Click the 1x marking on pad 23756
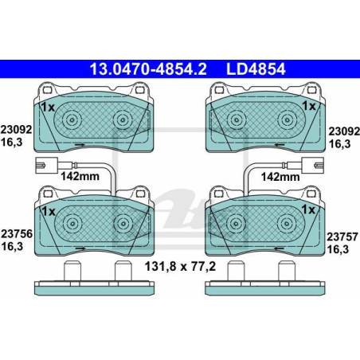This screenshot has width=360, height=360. tap(48, 210)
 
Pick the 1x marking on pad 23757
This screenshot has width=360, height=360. tap(309, 210)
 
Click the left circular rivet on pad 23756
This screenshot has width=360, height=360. tap(71, 223)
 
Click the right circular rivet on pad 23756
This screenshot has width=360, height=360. tap(121, 223)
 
